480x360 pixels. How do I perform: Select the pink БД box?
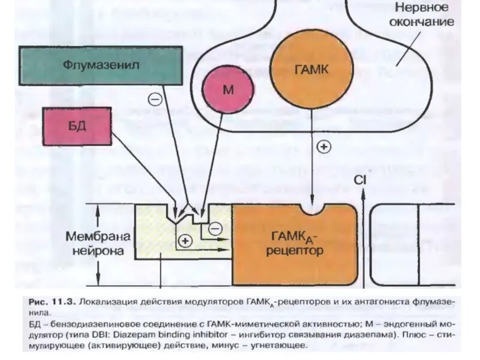click(77, 126)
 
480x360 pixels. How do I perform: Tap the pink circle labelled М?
click(227, 89)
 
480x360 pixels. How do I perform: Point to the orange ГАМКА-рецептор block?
click(294, 246)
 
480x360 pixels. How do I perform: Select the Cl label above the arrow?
click(359, 179)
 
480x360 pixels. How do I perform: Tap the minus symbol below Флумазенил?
click(155, 99)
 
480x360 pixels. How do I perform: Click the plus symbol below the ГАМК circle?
click(323, 146)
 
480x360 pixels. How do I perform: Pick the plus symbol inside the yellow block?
click(184, 241)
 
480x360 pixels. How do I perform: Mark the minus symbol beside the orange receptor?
click(214, 227)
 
